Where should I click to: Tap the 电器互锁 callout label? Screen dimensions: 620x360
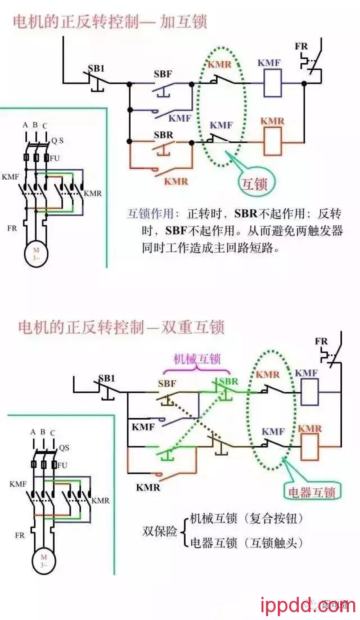311,492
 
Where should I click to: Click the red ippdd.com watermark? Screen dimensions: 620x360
308,605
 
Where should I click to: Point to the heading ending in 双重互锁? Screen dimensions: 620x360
121,327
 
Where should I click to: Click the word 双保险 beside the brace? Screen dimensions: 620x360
160,531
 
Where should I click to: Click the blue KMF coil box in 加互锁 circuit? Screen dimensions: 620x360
273,82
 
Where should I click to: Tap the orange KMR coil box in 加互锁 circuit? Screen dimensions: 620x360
273,141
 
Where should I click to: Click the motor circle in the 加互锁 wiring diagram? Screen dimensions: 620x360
36,253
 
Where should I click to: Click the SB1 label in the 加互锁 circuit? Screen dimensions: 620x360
96,69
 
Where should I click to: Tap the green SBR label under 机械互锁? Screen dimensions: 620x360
228,381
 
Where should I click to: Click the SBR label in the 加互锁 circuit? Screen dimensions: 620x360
163,136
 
